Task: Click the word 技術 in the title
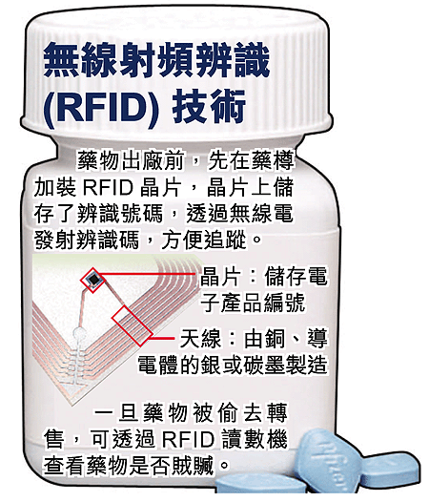click(209, 107)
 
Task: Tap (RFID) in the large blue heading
click(101, 108)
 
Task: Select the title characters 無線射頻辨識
click(156, 61)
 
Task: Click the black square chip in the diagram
click(93, 280)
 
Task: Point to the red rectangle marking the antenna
click(132, 325)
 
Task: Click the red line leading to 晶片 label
click(147, 274)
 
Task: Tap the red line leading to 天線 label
click(162, 338)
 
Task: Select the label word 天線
click(200, 338)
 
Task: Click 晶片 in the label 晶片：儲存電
click(221, 276)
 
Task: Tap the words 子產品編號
click(253, 303)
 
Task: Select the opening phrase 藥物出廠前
click(131, 160)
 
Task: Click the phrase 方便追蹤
click(204, 240)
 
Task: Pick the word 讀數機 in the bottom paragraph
click(255, 439)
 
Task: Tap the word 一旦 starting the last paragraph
click(114, 413)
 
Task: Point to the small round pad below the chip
click(79, 333)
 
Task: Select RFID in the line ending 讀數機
click(189, 439)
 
